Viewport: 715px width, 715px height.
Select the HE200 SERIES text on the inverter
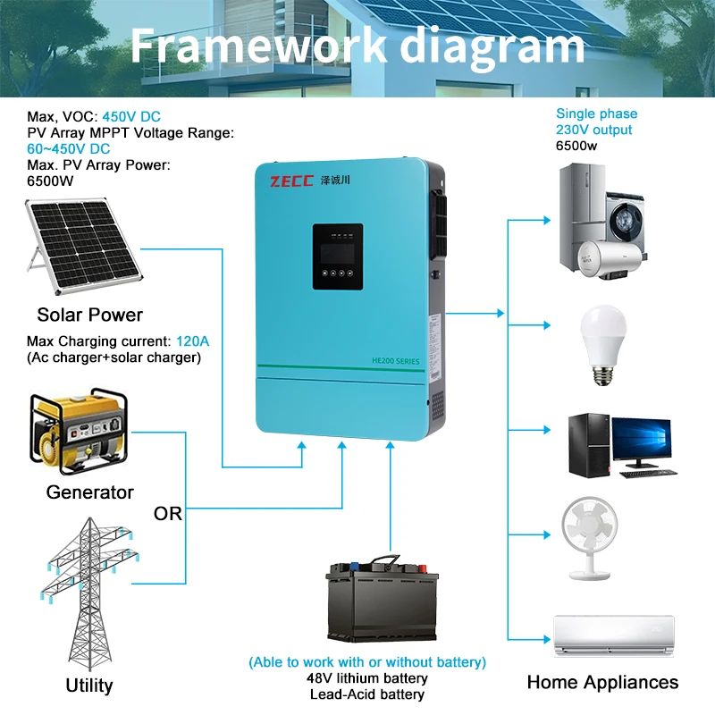pyautogui.click(x=395, y=359)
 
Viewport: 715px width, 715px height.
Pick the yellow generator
pyautogui.click(x=75, y=433)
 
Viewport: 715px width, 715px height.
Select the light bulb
pyautogui.click(x=601, y=343)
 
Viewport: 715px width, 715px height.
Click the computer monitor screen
pyautogui.click(x=643, y=440)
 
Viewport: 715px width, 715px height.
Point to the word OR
pyautogui.click(x=168, y=514)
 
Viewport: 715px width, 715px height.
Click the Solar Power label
pyautogui.click(x=89, y=315)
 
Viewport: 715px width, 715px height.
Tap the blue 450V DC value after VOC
pyautogui.click(x=131, y=117)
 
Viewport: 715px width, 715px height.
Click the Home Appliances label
pyautogui.click(x=602, y=683)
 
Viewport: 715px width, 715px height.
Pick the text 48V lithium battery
pyautogui.click(x=367, y=677)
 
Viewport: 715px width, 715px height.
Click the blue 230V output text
pyautogui.click(x=593, y=130)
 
